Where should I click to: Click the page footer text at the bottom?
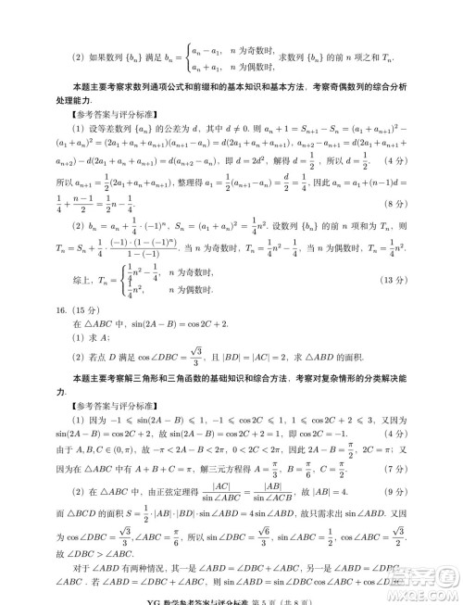(231, 596)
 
